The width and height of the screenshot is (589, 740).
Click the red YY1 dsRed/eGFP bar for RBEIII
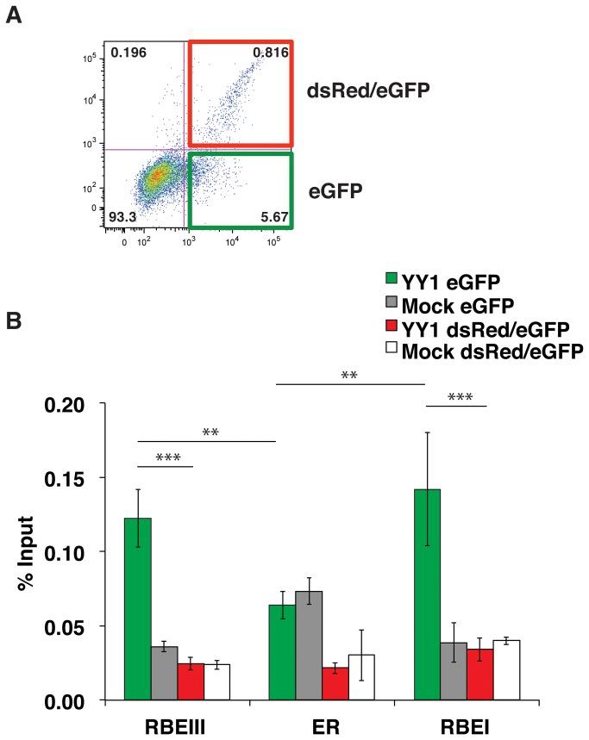[191, 681]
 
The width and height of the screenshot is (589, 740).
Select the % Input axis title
[28, 550]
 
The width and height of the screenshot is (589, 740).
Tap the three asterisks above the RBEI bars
[456, 397]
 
